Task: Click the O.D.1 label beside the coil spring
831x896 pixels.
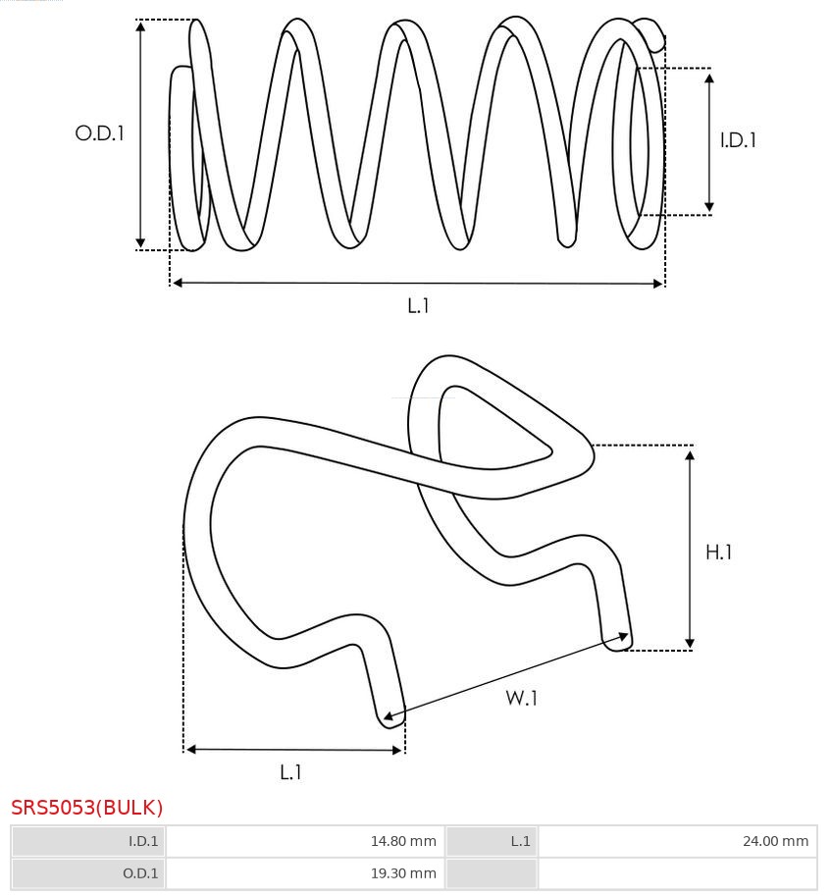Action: (99, 133)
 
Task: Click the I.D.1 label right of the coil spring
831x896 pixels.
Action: (738, 140)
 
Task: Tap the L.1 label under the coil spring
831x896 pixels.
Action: (418, 306)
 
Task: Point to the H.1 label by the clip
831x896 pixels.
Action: (718, 552)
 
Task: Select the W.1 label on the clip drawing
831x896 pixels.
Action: (521, 698)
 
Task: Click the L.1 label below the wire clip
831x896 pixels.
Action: (290, 772)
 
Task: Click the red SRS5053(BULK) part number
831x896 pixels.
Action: (86, 808)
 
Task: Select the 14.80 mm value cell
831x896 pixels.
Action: (305, 841)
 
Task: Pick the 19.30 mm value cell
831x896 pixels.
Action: (305, 873)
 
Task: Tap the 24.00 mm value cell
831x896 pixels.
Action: (678, 841)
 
